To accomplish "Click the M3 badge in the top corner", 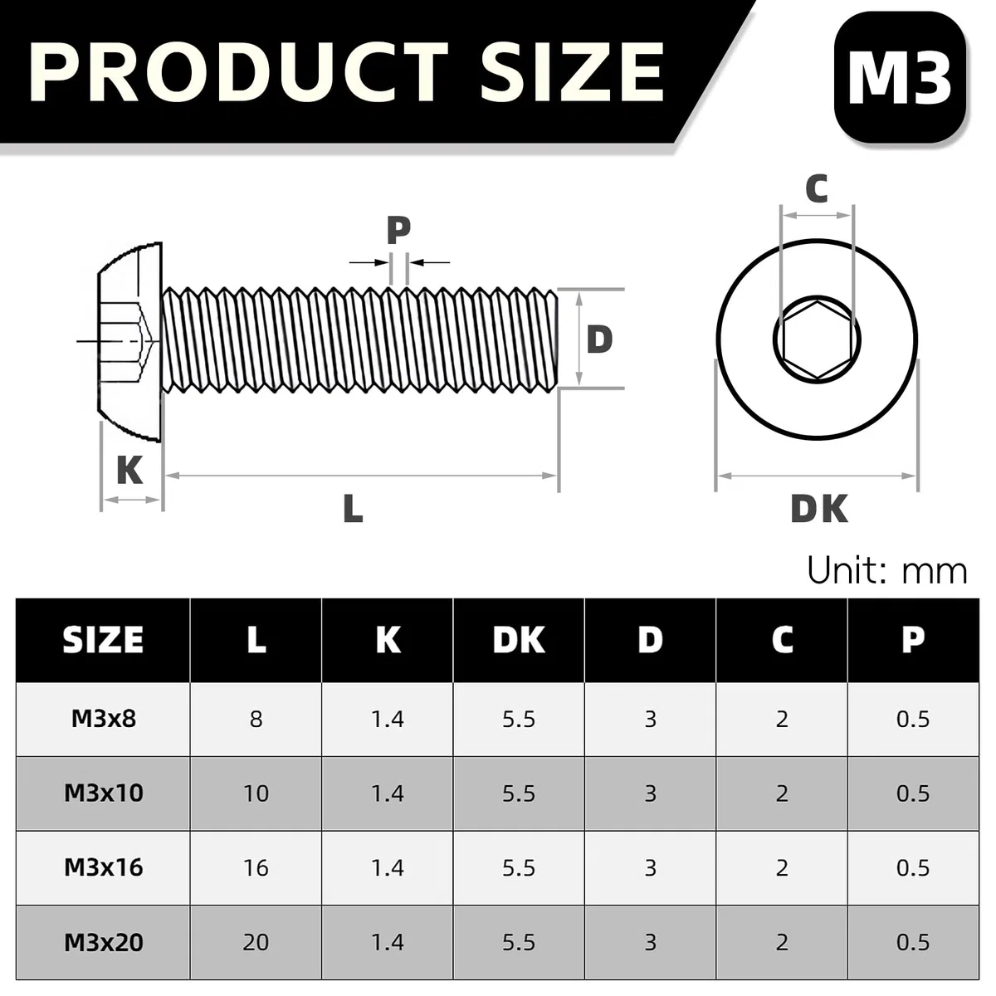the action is pyautogui.click(x=899, y=77).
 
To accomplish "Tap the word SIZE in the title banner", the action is pyautogui.click(x=572, y=72).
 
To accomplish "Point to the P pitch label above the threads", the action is pyautogui.click(x=398, y=230).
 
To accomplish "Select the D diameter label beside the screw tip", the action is pyautogui.click(x=599, y=339).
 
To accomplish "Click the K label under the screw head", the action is pyautogui.click(x=129, y=470).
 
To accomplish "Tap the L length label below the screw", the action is pyautogui.click(x=353, y=508).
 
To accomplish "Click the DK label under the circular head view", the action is pyautogui.click(x=819, y=509).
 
